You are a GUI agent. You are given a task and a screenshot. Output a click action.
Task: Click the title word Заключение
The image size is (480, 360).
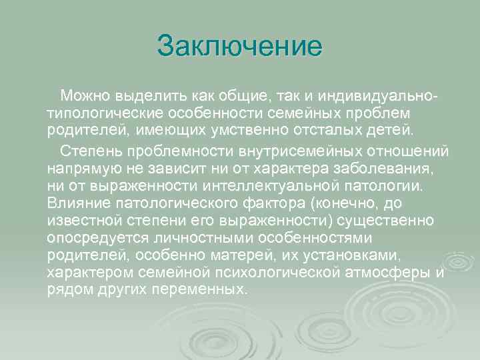click(239, 47)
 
